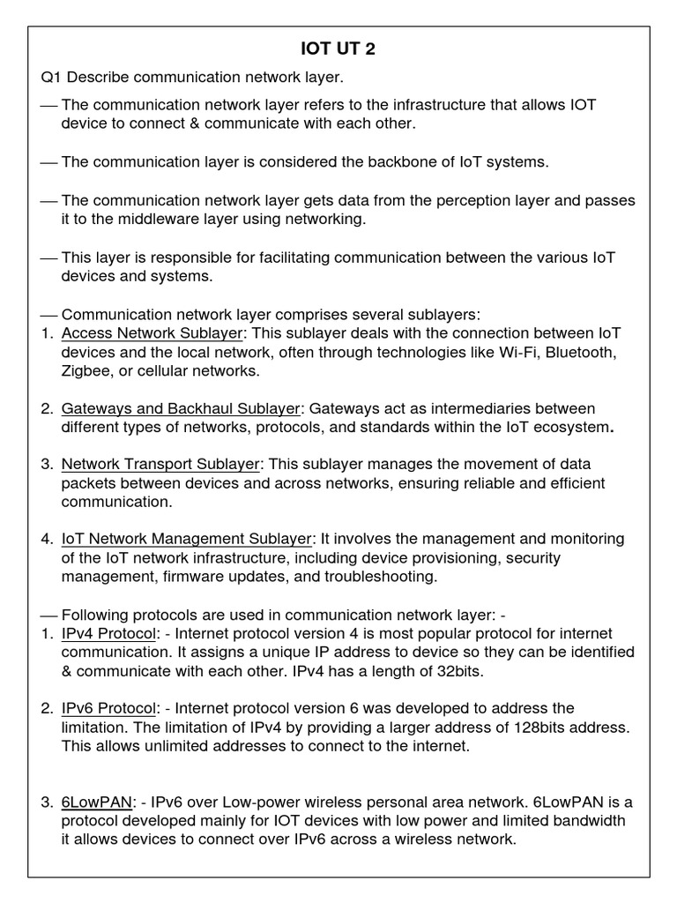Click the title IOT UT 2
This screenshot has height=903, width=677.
tap(338, 49)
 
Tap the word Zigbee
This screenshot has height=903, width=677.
tap(86, 371)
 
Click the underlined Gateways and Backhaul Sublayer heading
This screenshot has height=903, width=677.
tap(181, 408)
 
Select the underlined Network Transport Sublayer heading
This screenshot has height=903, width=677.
tap(160, 464)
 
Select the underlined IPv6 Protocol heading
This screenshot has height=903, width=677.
tap(108, 708)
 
